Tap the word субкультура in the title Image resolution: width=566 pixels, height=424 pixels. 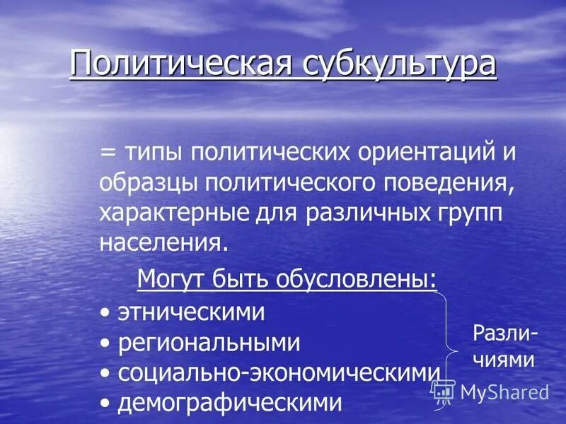pos(399,64)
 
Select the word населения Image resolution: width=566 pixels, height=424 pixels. pos(164,243)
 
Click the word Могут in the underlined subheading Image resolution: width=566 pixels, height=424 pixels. pos(172,279)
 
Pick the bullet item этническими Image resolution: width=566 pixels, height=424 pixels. pos(191,312)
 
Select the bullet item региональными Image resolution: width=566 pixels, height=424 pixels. pos(209,343)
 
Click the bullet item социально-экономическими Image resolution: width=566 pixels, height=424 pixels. pos(279,373)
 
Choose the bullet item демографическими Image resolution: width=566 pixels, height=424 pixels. pos(229,403)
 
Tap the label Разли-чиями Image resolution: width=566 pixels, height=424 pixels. pos(504,346)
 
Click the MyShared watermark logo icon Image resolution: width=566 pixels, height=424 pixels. pos(444,391)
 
